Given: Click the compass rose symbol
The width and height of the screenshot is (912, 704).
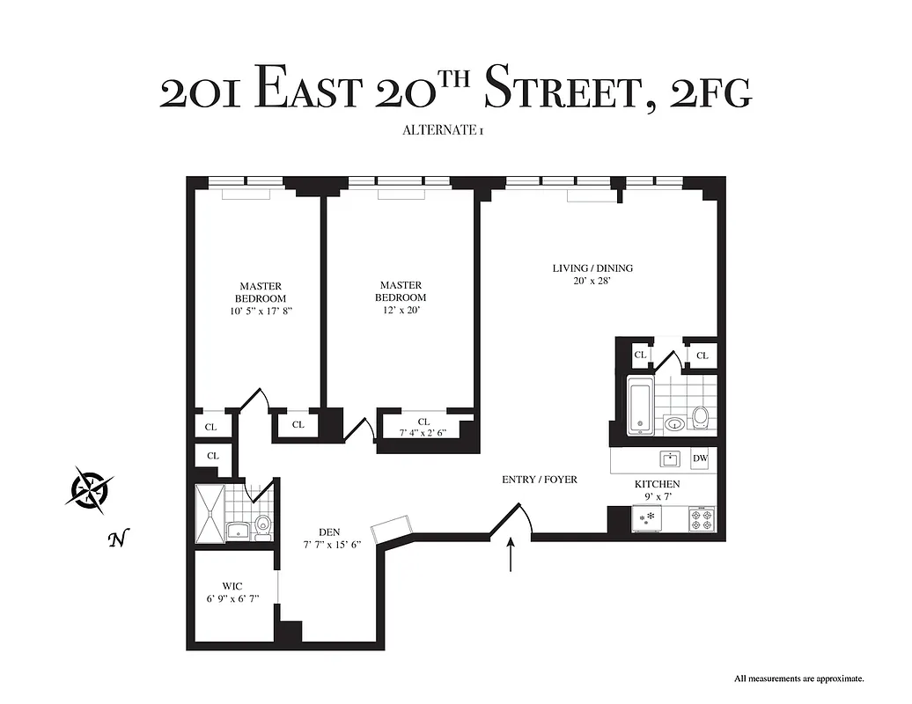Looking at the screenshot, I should [x=89, y=488].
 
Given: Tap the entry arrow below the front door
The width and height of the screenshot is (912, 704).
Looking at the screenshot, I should [x=511, y=557].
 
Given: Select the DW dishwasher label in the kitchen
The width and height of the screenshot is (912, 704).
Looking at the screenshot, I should [x=700, y=458].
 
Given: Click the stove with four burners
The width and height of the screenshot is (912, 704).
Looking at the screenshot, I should [x=701, y=519].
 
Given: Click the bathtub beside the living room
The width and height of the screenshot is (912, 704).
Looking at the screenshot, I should [x=639, y=405].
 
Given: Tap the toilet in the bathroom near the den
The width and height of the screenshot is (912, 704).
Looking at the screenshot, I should [x=261, y=526].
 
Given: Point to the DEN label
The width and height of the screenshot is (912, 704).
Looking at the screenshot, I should [x=330, y=532].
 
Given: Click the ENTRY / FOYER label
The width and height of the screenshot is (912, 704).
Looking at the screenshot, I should [x=539, y=480].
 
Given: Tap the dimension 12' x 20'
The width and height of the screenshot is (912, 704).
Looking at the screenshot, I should [x=401, y=311].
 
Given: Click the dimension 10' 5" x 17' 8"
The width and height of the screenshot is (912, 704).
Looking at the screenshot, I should [x=260, y=311].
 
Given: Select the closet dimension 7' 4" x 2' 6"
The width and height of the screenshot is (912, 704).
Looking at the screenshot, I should [x=423, y=433].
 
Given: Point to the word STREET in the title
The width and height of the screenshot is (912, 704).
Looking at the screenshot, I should [x=560, y=91].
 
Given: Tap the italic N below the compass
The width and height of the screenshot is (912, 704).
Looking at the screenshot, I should [x=114, y=539].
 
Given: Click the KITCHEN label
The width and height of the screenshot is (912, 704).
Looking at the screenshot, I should [x=657, y=484].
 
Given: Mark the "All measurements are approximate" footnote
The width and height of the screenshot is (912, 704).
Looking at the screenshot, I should [x=799, y=678].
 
